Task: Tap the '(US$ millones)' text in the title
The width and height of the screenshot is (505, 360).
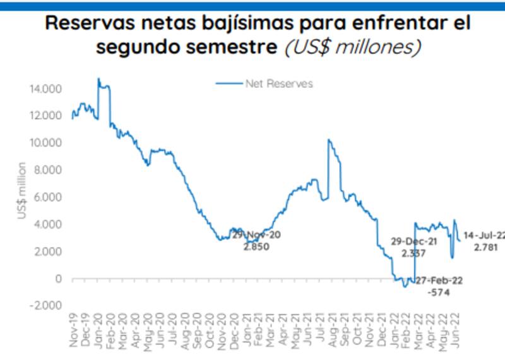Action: (353, 47)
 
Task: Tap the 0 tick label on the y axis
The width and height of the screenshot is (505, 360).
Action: (58, 279)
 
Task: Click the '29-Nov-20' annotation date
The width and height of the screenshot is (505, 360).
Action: (256, 235)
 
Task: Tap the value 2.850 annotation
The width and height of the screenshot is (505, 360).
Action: (256, 246)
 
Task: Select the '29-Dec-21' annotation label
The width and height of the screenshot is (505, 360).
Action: (413, 242)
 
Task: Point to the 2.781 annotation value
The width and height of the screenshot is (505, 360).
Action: (485, 247)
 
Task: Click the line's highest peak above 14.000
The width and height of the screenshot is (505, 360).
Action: (98, 79)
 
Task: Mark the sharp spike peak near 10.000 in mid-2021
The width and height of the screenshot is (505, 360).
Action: (328, 140)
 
